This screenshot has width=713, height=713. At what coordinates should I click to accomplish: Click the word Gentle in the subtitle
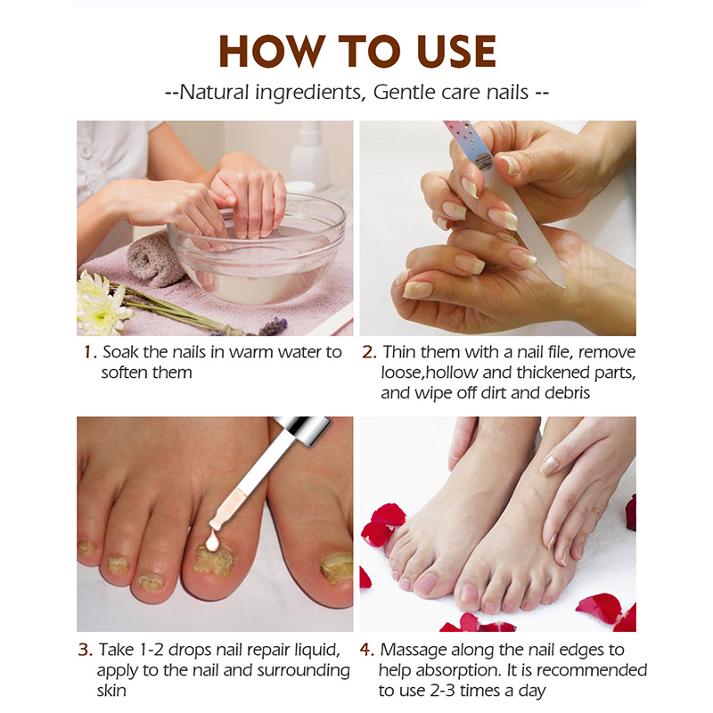[x=403, y=92]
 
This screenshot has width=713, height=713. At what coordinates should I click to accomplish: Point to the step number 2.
[x=369, y=352]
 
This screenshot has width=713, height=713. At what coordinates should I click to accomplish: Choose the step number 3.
[x=85, y=650]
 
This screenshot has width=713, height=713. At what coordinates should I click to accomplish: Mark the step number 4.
[x=366, y=650]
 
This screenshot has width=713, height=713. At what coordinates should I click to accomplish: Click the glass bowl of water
[x=257, y=250]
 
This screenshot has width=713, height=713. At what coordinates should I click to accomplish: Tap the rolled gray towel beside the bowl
[x=151, y=259]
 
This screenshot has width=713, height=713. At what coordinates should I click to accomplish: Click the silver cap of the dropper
[x=303, y=430]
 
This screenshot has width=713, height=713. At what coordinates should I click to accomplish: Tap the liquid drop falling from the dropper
[x=212, y=541]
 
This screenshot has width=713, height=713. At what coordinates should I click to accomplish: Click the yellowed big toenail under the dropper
[x=214, y=559]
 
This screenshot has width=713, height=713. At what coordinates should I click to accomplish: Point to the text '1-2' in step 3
[x=150, y=650]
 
